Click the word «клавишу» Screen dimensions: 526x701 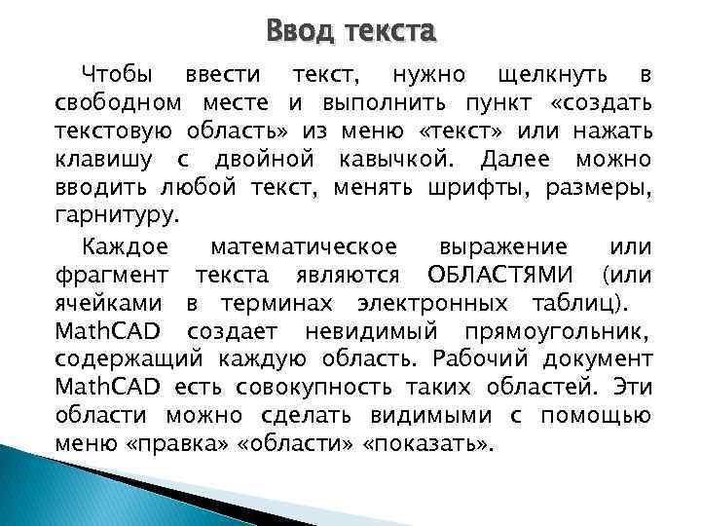[102, 158]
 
